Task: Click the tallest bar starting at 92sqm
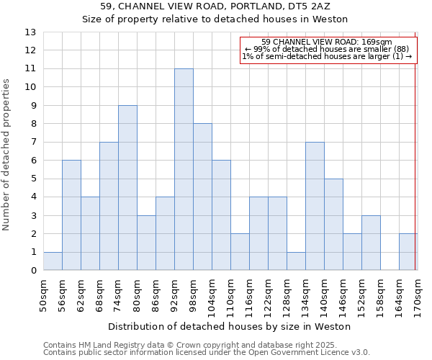coord(184,169)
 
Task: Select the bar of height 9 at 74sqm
coord(127,188)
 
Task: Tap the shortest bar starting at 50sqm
coord(53,261)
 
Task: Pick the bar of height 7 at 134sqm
coord(315,206)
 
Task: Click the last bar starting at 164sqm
coord(408,252)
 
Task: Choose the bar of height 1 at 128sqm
coord(296,261)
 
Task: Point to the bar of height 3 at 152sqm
coord(371,243)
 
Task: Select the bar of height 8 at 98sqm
coord(202,197)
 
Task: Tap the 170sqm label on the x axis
coord(418,294)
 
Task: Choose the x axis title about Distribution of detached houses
coord(230,326)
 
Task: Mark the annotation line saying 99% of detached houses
coord(327,49)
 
